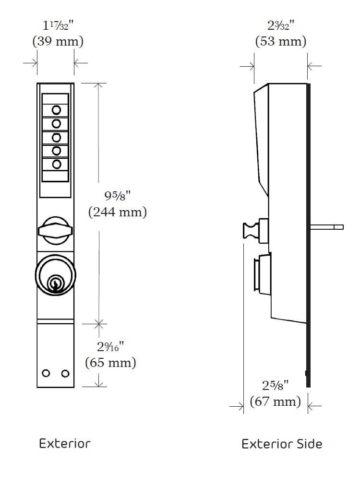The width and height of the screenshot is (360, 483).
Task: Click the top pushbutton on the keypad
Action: coord(56,109)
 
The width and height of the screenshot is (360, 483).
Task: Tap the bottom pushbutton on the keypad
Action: coord(56,165)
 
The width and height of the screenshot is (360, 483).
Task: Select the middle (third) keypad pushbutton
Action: coord(56,137)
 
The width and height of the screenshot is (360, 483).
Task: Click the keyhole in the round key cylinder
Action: coord(56,283)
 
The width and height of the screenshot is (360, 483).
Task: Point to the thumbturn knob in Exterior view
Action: coord(55,229)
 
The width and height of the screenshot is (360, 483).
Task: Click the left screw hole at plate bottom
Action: coord(46,373)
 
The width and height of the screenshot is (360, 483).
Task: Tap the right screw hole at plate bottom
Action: coord(65,373)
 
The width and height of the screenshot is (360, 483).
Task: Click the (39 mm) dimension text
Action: coord(58,41)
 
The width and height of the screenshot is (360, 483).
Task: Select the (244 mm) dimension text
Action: coord(118,212)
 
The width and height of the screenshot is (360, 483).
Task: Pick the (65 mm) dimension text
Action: coord(110,362)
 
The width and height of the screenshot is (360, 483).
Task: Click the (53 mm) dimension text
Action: coord(280,41)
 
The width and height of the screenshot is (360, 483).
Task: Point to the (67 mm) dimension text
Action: coord(276,401)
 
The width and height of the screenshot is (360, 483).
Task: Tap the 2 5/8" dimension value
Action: coord(275,386)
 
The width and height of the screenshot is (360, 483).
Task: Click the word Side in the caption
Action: coord(308,444)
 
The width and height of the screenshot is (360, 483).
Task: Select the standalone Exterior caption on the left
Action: coord(64,443)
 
